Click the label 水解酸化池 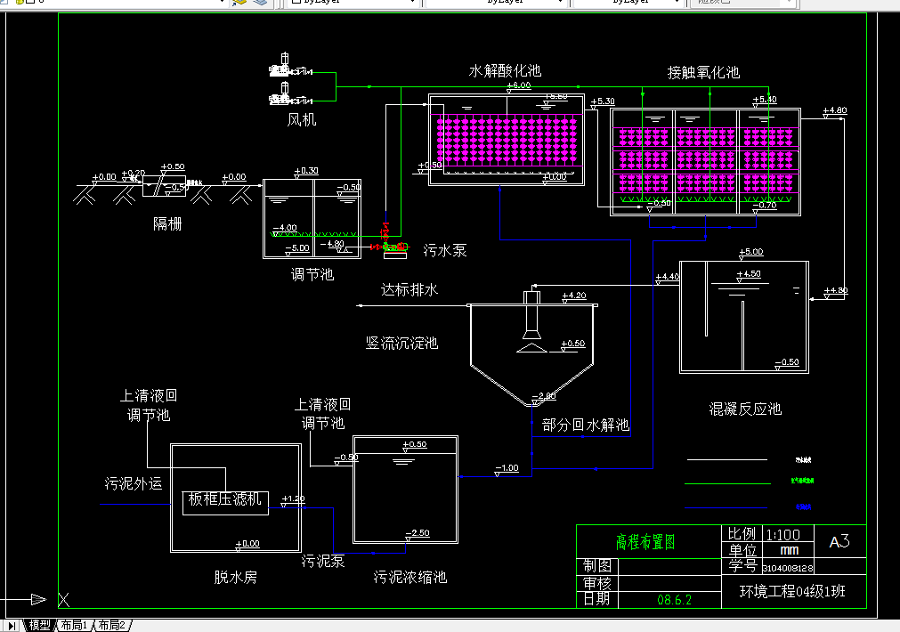[x=505, y=71]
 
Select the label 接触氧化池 [x=703, y=73]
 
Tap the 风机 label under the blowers [x=301, y=119]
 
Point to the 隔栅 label [x=167, y=223]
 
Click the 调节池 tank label [x=312, y=274]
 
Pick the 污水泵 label [x=444, y=251]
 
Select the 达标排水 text [x=409, y=290]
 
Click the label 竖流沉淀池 [x=401, y=343]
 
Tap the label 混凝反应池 [x=745, y=409]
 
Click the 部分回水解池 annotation [x=586, y=425]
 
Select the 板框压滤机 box [x=226, y=500]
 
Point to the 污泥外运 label [x=134, y=483]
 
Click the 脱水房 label [x=236, y=577]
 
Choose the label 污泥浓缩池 [x=410, y=577]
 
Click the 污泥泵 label [x=323, y=561]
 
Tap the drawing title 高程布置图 [x=646, y=542]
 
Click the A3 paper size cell [x=839, y=541]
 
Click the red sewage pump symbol [x=386, y=245]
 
